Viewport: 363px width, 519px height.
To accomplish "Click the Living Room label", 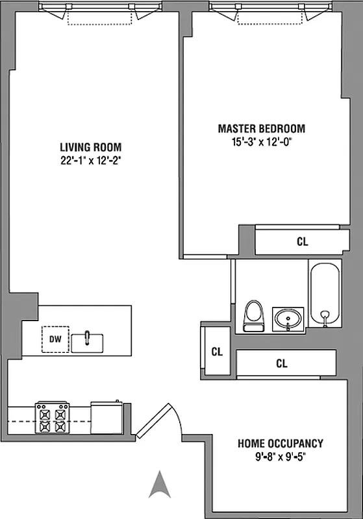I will point(90,147).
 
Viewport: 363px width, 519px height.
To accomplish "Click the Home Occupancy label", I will point(280,444).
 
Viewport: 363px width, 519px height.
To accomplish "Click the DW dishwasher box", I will point(55,339).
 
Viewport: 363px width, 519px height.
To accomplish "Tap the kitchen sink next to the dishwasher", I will point(87,341).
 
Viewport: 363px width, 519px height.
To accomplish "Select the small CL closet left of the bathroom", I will point(216,352).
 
